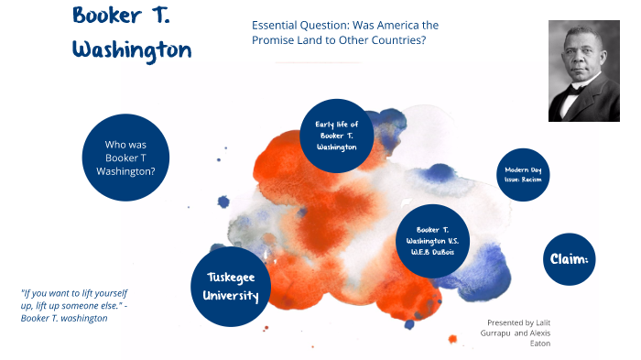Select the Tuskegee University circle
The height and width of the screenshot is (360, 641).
point(232,286)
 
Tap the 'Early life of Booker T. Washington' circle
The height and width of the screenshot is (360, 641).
point(336,135)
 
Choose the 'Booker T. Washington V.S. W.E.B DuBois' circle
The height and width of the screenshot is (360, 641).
point(431,241)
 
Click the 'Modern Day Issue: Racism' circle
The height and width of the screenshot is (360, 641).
point(521,174)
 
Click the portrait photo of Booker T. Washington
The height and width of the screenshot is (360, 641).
point(584,71)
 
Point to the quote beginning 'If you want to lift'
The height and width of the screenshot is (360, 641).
point(73,305)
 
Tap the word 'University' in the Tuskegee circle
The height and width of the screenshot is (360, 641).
point(232,296)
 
